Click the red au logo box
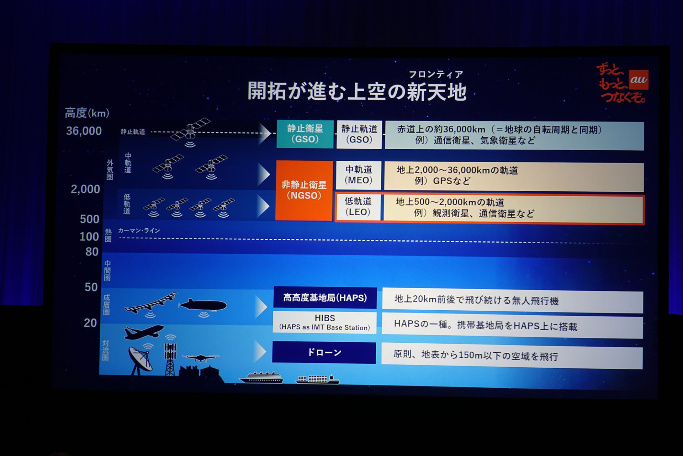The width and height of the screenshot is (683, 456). click(638, 79)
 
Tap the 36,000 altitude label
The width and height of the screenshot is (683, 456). click(84, 131)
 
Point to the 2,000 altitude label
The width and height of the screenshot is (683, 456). click(85, 189)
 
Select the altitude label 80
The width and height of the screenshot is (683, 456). click(92, 252)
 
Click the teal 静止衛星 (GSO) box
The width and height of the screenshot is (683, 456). click(305, 134)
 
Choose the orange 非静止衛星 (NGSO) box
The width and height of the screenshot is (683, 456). click(304, 190)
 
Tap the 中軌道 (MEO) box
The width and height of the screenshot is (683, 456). click(359, 175)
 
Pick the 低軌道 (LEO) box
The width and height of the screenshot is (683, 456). click(358, 207)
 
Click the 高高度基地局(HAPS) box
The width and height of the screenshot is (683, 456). click(325, 298)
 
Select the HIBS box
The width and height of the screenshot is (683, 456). click(324, 322)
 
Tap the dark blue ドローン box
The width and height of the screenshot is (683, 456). click(324, 353)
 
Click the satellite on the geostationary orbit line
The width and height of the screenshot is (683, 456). click(190, 132)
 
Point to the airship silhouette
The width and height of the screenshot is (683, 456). click(203, 306)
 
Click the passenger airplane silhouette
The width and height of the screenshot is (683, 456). click(143, 332)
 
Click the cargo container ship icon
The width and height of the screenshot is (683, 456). click(318, 379)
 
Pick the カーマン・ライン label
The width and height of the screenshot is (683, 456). click(139, 230)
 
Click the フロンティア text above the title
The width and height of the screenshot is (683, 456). click(436, 74)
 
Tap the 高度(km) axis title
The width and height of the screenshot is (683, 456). click(87, 113)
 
